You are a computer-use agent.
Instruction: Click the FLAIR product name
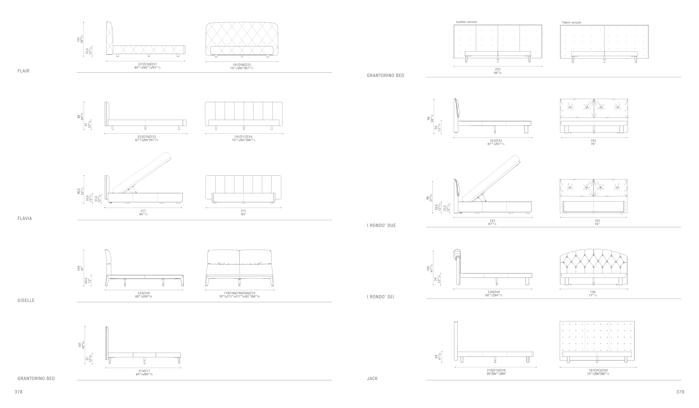23,71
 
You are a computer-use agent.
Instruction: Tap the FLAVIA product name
25,219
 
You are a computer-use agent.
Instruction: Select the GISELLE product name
26,301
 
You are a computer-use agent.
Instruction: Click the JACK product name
372,379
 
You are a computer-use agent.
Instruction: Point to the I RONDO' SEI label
380,297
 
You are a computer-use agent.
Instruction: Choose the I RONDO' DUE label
381,226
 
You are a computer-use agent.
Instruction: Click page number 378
18,392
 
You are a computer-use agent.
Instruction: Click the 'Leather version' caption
466,22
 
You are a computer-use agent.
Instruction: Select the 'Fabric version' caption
572,22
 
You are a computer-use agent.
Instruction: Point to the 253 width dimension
498,69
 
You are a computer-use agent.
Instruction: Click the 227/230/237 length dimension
147,64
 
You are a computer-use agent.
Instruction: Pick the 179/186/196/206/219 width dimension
239,293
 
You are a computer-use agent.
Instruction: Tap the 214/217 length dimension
144,371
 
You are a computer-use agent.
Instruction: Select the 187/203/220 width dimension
598,370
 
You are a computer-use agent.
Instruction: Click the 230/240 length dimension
494,292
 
